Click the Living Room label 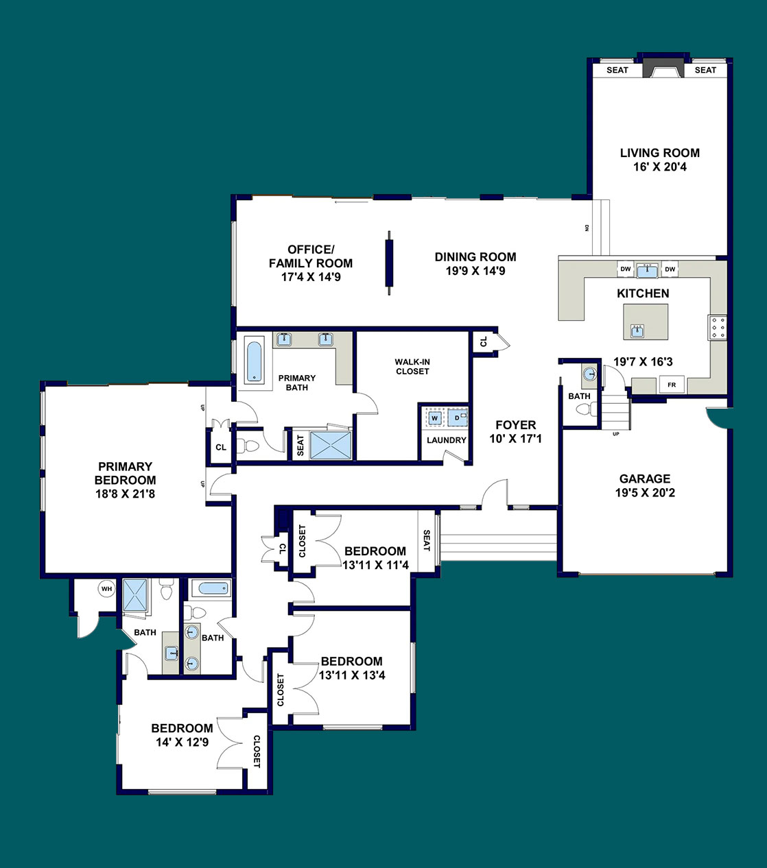coord(660,153)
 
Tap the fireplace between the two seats coord(663,68)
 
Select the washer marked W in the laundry coord(435,418)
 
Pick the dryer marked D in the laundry coord(458,418)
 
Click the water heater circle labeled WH coord(106,589)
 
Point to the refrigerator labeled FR coord(672,385)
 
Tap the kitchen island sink coord(637,330)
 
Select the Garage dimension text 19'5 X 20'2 coord(645,493)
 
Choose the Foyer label coord(516,425)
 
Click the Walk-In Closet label coord(412,367)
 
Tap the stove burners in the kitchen coord(718,328)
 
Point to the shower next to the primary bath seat coord(331,446)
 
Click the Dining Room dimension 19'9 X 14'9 coord(475,271)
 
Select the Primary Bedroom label coord(125,473)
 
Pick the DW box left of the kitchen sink coord(626,269)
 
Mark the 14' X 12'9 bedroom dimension coord(182,742)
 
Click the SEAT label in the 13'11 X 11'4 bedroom coord(427,541)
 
